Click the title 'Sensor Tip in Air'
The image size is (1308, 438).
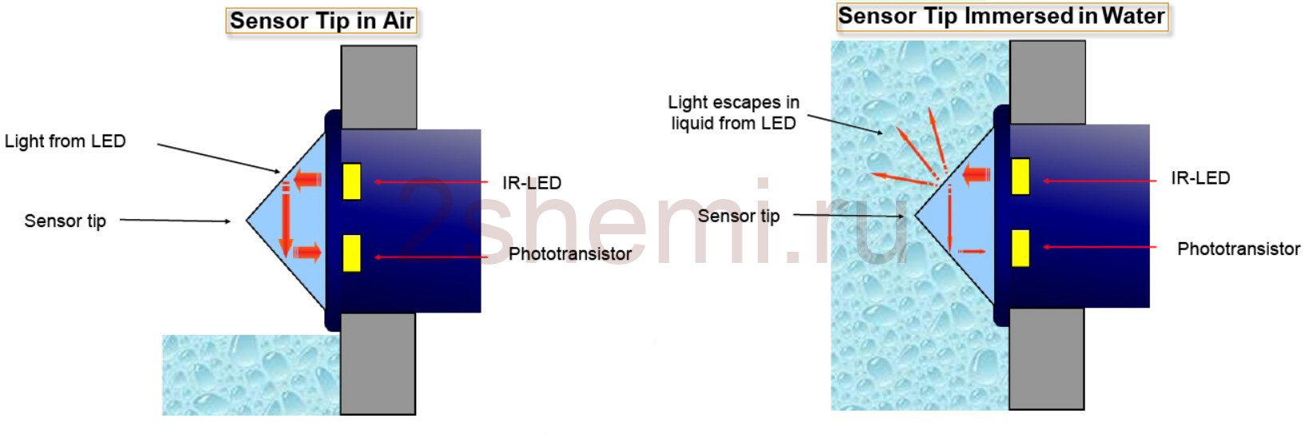click(322, 21)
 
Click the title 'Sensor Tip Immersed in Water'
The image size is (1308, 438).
click(1001, 16)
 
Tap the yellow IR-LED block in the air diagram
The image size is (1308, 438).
click(351, 181)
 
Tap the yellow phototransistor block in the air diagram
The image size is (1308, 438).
click(351, 253)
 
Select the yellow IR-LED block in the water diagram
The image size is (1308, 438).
click(1020, 176)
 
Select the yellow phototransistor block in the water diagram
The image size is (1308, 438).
click(1020, 248)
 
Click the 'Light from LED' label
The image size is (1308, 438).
click(65, 141)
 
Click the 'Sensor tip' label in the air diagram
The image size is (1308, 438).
click(65, 221)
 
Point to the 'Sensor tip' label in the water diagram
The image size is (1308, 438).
click(739, 216)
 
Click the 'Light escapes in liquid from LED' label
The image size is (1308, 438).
click(733, 112)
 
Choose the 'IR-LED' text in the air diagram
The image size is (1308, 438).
click(532, 182)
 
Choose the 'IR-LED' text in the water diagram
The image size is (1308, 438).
click(1200, 177)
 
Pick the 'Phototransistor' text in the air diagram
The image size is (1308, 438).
click(570, 254)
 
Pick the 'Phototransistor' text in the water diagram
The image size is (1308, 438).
click(1239, 249)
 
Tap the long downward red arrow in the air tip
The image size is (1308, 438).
click(286, 219)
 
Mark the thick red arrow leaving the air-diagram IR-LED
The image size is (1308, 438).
click(307, 179)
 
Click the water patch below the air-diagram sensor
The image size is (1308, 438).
click(251, 375)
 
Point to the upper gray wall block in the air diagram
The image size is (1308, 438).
click(379, 88)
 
